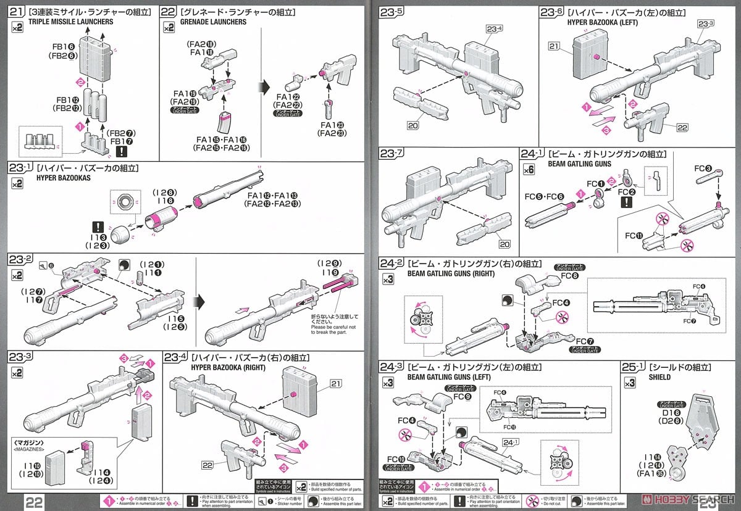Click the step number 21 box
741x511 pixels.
coord(17,11)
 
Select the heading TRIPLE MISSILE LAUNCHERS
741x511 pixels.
coord(62,22)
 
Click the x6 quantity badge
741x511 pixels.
coord(529,169)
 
